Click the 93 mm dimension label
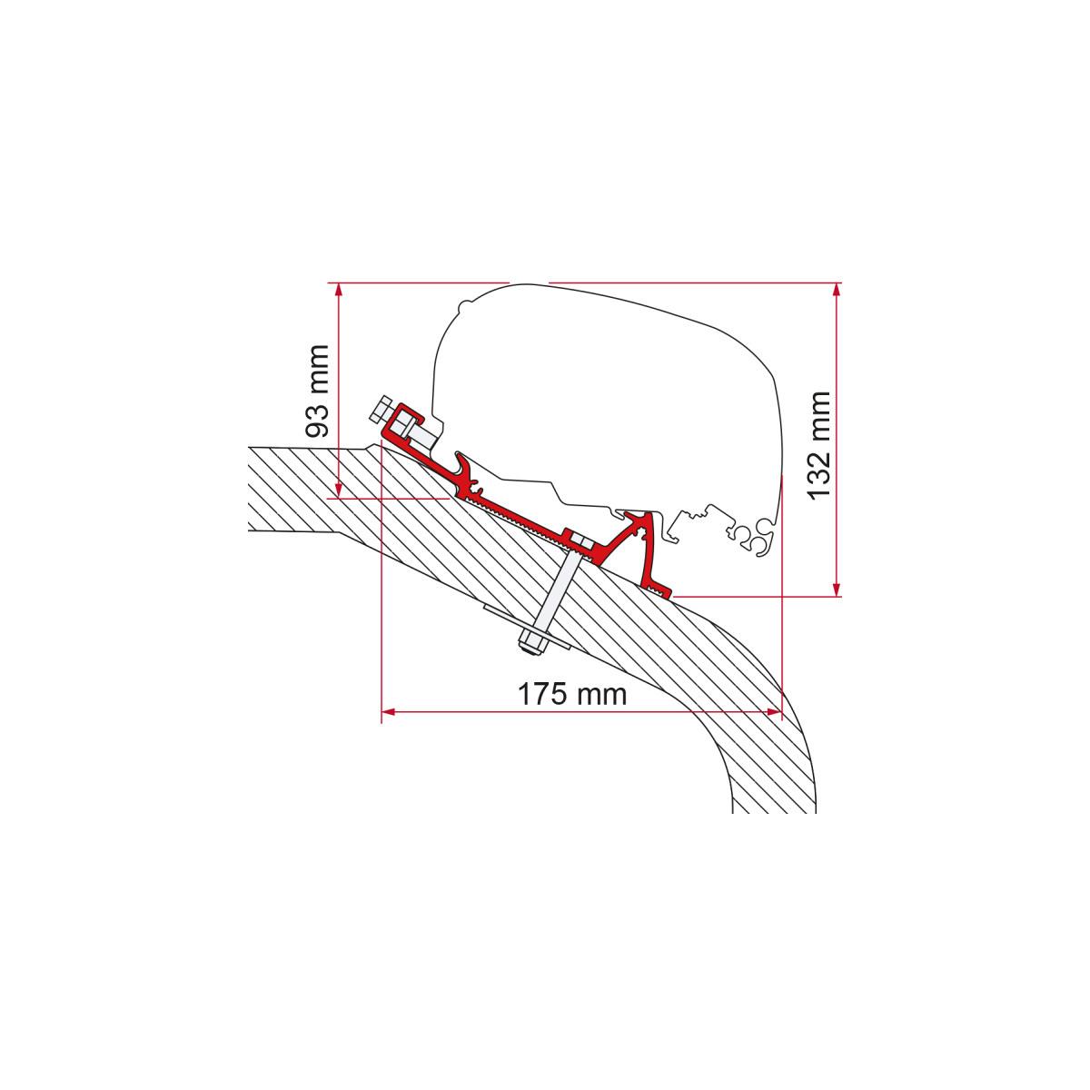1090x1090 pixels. click(x=317, y=391)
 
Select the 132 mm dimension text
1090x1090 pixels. click(x=820, y=445)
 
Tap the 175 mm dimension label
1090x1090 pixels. click(x=572, y=694)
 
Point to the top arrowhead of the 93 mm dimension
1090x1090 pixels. click(x=338, y=289)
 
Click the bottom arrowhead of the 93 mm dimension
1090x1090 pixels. click(x=338, y=490)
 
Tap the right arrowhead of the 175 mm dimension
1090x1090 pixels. click(x=774, y=712)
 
